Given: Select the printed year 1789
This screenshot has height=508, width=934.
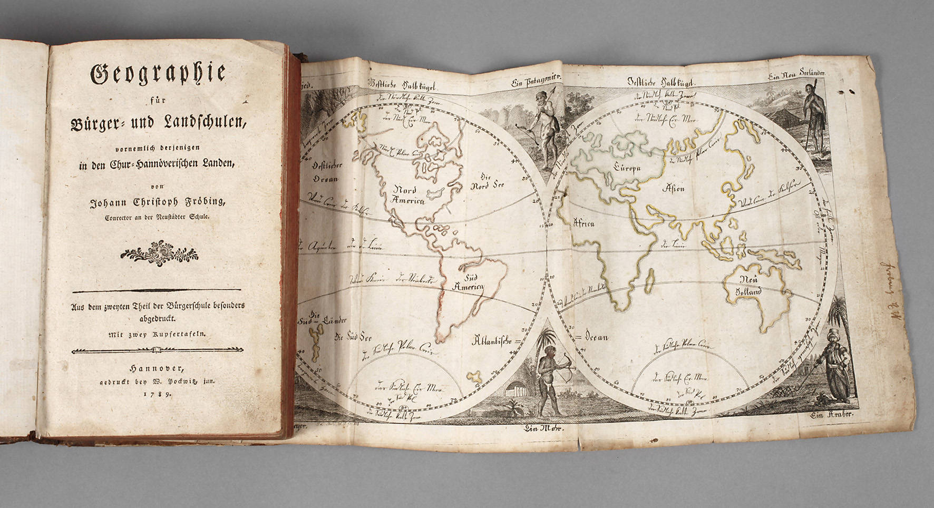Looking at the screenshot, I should point(157,394).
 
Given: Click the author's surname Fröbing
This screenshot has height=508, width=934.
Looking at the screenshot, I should point(203,202).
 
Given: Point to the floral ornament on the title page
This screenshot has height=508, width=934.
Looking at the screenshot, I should point(159,253).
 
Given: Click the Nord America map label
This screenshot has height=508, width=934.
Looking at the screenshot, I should point(404,195).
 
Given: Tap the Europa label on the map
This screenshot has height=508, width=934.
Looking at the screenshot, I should point(626,168).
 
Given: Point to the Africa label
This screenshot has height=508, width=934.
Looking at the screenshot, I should point(583,223).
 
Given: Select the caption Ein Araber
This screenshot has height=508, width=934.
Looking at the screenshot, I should point(833,416).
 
